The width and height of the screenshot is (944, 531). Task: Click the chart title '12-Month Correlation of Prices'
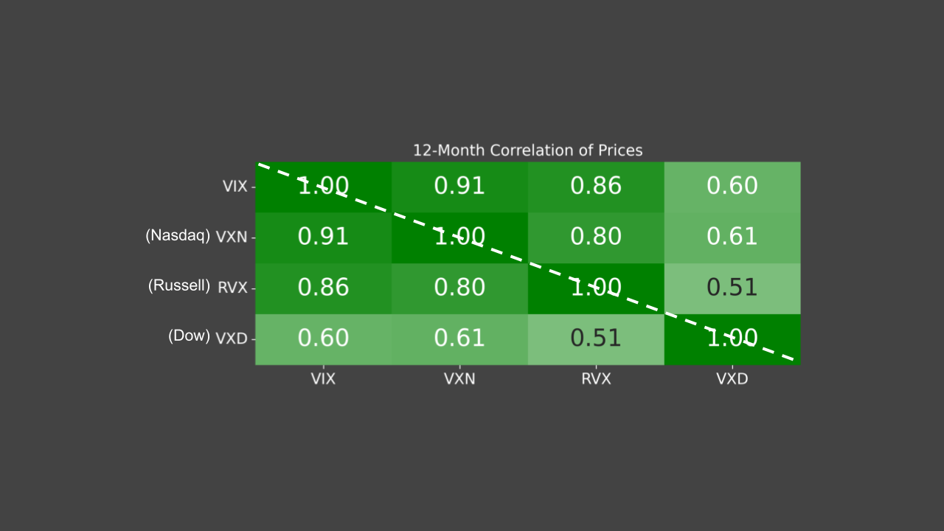tap(527, 150)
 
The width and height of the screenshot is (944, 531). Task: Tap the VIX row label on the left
tap(235, 187)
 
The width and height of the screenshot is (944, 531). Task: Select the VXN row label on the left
tap(232, 237)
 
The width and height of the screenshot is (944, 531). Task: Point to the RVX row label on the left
tap(232, 288)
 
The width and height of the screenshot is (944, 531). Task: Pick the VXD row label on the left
tap(232, 339)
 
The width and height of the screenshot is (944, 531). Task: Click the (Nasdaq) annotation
tap(178, 235)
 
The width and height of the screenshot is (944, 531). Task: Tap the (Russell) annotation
tap(179, 285)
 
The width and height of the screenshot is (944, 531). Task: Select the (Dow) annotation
tap(189, 336)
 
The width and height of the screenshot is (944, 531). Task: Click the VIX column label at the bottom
tap(323, 379)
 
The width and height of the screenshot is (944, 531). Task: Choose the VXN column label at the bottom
tap(459, 379)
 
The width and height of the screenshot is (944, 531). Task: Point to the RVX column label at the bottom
tap(596, 379)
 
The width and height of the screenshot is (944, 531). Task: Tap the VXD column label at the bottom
tap(732, 379)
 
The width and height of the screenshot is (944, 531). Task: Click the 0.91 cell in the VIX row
tap(459, 187)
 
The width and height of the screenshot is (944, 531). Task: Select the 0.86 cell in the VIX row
tap(596, 187)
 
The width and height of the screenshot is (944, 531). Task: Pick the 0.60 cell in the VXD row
tap(323, 339)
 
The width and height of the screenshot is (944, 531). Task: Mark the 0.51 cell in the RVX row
tap(732, 288)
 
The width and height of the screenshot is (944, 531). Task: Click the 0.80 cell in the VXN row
tap(596, 237)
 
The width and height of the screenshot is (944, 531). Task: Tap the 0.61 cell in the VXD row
tap(459, 339)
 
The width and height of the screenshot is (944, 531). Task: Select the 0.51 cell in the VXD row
tap(596, 339)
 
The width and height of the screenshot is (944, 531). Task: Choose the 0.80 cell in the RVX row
tap(459, 288)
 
